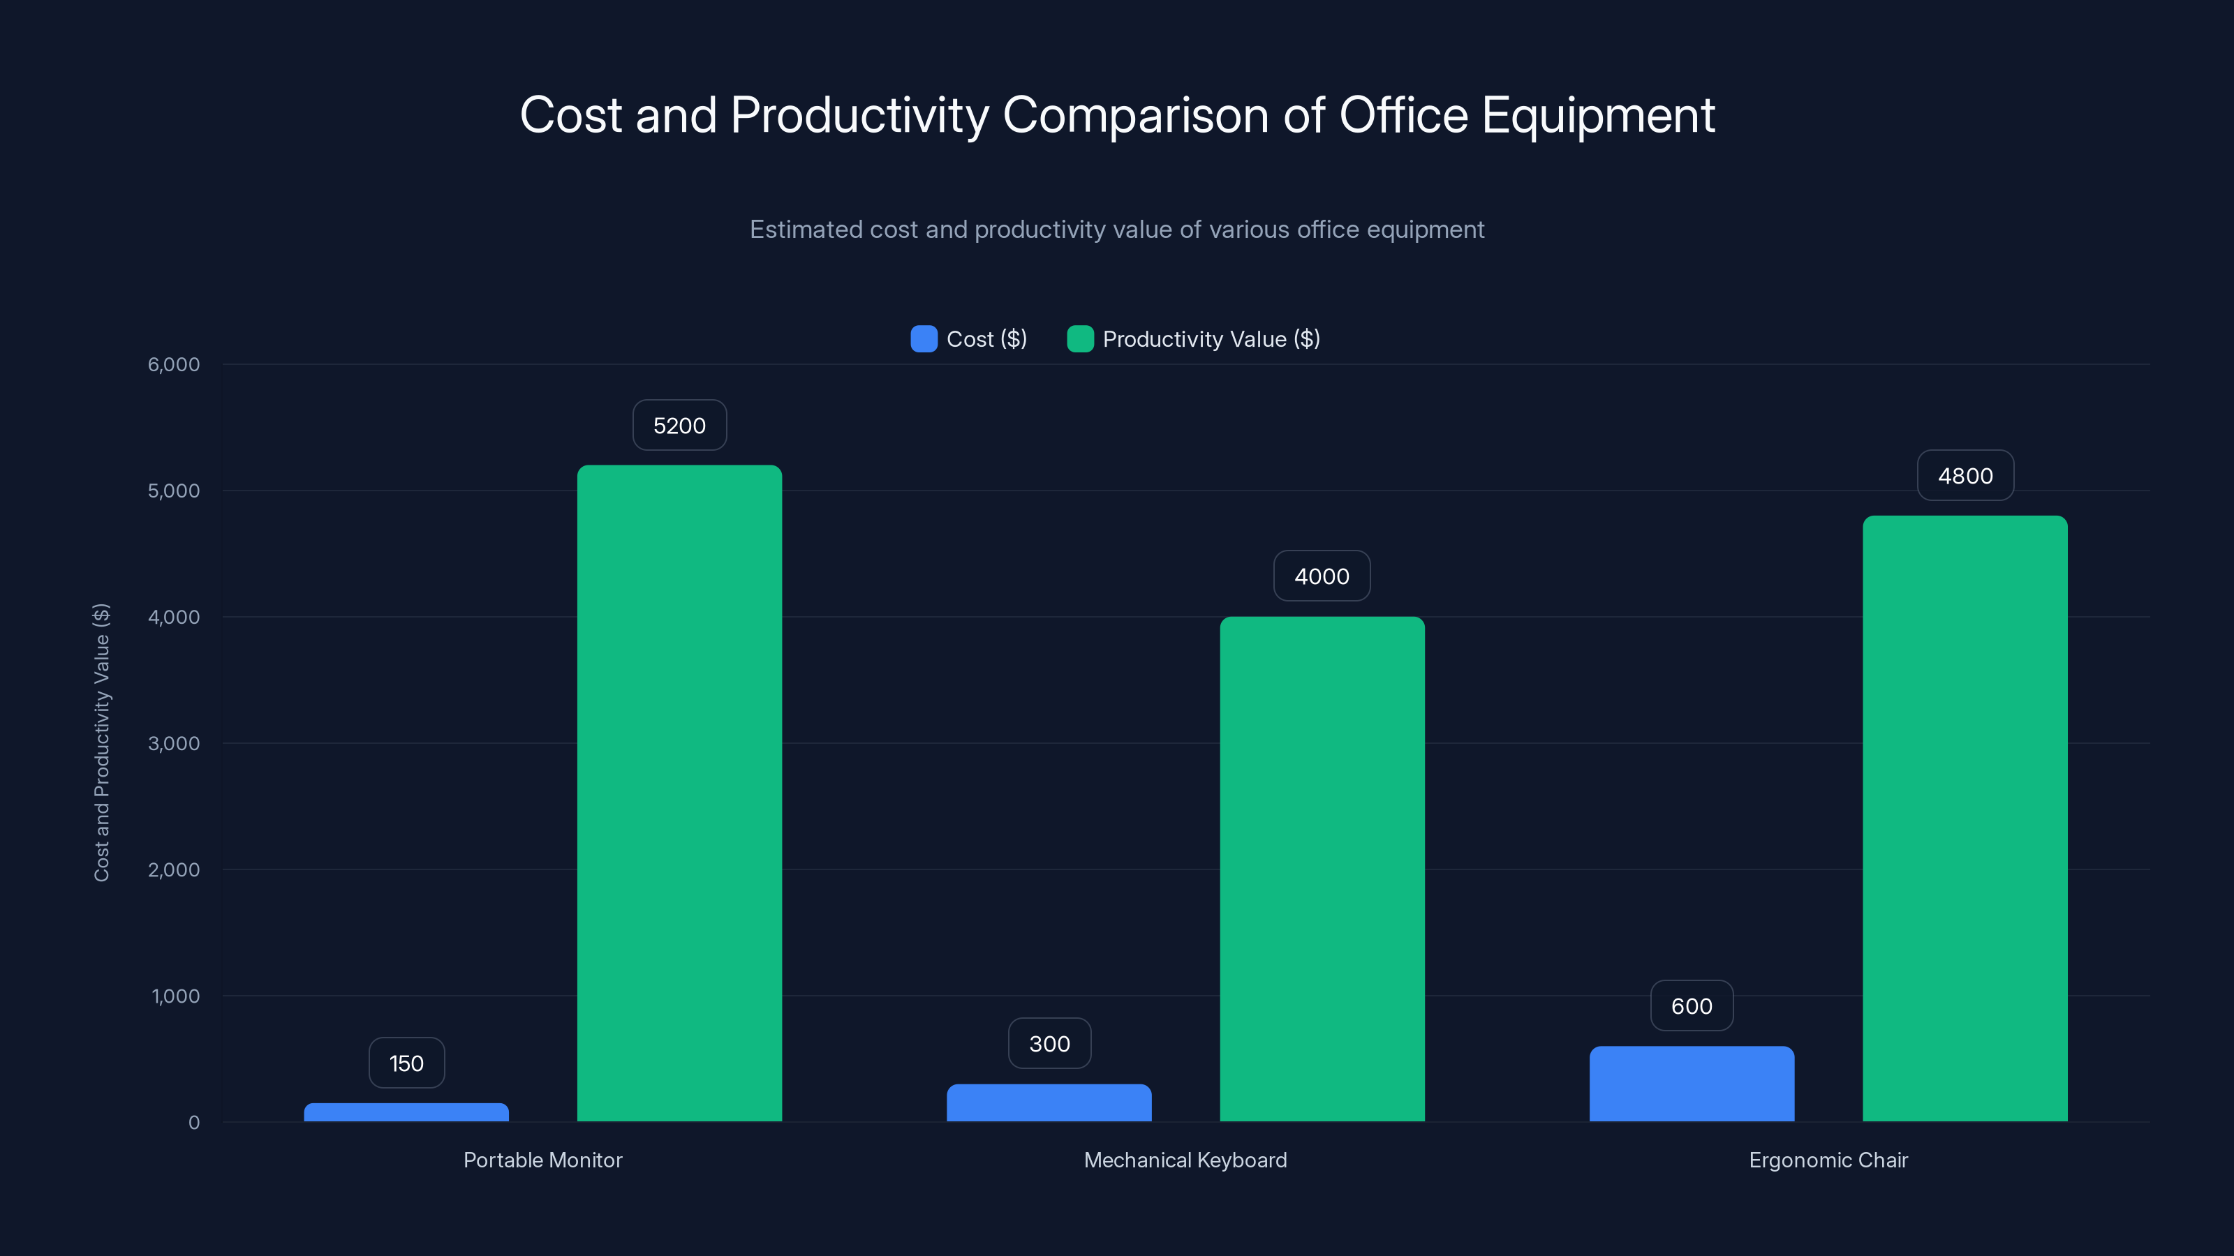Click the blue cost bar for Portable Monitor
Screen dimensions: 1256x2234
pos(406,1112)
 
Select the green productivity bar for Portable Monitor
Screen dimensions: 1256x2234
pos(679,793)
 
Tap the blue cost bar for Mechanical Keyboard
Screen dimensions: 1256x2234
pos(1049,1102)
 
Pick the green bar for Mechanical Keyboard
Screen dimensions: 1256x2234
pos(1322,869)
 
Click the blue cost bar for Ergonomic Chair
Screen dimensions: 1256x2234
pos(1691,1084)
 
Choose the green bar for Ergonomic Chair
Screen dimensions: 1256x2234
pos(1965,818)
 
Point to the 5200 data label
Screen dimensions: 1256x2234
pos(679,426)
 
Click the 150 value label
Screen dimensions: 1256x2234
pos(406,1063)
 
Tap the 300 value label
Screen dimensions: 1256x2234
pos(1049,1044)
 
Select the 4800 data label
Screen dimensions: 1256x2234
pos(1965,476)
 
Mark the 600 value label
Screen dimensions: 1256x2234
pos(1691,1005)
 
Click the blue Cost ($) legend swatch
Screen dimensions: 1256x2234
pos(924,339)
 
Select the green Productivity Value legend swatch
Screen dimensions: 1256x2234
pos(1080,339)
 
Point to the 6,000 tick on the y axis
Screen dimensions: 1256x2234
pos(173,364)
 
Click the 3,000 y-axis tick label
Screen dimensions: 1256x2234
pos(173,744)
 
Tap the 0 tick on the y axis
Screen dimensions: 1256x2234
pos(193,1123)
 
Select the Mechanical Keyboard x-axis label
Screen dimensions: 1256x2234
pos(1185,1160)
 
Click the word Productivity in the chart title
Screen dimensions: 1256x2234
pos(859,115)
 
